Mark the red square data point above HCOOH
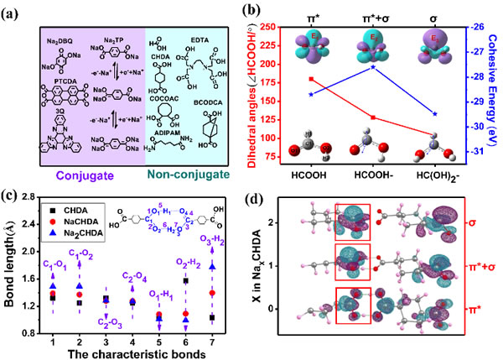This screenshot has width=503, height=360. pos(311,79)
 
